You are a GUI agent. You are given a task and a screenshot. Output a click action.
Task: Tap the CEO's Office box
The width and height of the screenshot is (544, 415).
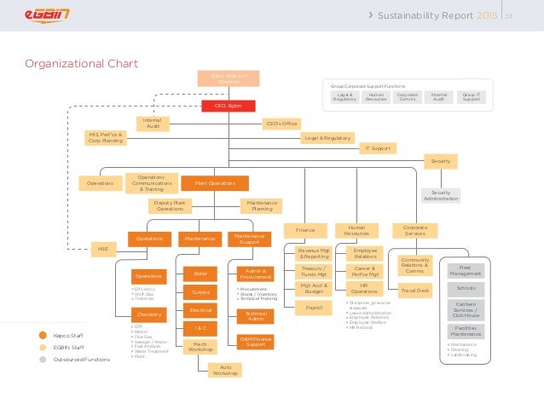pyautogui.click(x=282, y=124)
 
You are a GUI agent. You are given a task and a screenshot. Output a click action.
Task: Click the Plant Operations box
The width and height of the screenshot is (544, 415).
pyautogui.click(x=215, y=182)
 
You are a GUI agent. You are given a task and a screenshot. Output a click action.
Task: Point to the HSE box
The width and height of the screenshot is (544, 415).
pyautogui.click(x=102, y=248)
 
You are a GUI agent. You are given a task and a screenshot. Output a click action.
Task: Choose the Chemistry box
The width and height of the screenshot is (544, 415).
pyautogui.click(x=149, y=314)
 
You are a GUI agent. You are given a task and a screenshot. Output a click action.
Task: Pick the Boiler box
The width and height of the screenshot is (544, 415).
pyautogui.click(x=201, y=274)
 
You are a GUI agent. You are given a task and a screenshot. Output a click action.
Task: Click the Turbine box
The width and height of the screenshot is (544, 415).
pyautogui.click(x=201, y=292)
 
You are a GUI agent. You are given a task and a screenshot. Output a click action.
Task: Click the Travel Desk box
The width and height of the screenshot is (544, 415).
pyautogui.click(x=415, y=291)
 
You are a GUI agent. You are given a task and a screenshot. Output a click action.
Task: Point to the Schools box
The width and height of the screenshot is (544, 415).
pyautogui.click(x=466, y=288)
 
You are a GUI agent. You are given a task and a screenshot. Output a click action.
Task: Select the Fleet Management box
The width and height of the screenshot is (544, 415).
pyautogui.click(x=466, y=270)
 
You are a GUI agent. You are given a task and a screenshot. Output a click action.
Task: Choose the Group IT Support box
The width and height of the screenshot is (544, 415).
pyautogui.click(x=471, y=98)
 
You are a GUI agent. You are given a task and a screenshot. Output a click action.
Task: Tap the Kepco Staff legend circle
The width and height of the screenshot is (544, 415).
pyautogui.click(x=42, y=335)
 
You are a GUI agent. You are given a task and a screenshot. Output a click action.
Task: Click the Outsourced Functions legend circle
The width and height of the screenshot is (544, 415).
pyautogui.click(x=42, y=359)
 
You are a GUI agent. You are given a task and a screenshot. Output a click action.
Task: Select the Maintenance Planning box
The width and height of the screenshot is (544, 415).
pyautogui.click(x=261, y=205)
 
